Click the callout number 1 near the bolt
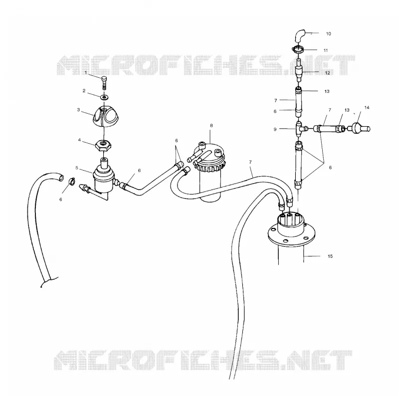pos(86,72)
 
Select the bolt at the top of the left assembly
pos(104,82)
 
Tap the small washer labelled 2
pos(104,97)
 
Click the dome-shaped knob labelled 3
pos(104,117)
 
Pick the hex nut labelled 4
pos(103,146)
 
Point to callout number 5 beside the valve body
pos(77,168)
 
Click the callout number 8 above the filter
pos(211,126)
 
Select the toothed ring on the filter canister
pos(209,167)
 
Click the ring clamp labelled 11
pos(298,48)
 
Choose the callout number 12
pos(328,73)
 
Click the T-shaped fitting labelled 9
pos(300,129)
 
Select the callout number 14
pos(367,108)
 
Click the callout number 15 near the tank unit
pos(330,256)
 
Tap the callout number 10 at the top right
pos(328,34)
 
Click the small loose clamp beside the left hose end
pos(72,182)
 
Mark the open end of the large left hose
pos(61,178)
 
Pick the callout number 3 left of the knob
pos(78,110)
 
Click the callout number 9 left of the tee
pos(275,130)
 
